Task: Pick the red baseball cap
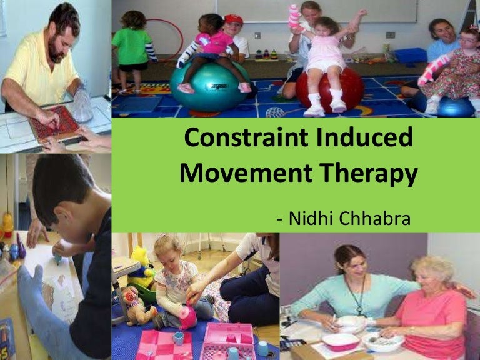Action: (234, 19)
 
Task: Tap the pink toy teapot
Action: (186, 316)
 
